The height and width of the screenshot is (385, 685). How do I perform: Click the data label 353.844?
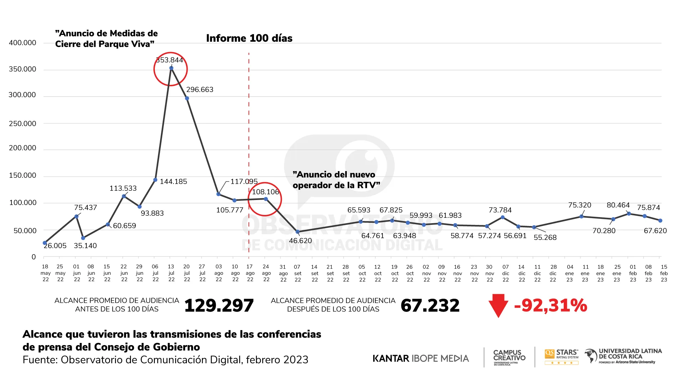(x=169, y=60)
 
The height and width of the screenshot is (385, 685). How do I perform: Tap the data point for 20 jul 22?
(x=187, y=98)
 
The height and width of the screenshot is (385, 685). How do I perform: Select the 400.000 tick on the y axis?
(x=22, y=43)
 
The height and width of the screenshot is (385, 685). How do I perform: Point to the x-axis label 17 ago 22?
(x=250, y=273)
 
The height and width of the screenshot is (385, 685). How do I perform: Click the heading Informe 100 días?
(x=249, y=38)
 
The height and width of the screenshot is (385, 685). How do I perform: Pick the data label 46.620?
(x=300, y=241)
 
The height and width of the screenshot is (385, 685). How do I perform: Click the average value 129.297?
(x=219, y=306)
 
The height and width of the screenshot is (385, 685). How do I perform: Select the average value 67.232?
(x=430, y=306)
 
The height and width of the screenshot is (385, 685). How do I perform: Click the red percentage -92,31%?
(x=550, y=306)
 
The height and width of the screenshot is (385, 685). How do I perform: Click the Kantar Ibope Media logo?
(x=421, y=358)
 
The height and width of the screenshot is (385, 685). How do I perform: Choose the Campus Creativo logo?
(x=509, y=357)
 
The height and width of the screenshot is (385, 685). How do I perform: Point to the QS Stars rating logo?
(x=561, y=356)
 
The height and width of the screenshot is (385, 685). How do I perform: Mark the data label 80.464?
(x=618, y=205)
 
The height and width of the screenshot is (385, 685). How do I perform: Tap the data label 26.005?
(x=55, y=246)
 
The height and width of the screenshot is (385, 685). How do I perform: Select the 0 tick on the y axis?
(x=34, y=257)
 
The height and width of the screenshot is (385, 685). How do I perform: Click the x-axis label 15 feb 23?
(x=664, y=273)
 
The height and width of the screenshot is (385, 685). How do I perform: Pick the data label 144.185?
(x=173, y=182)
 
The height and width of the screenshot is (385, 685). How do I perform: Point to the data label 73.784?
(x=500, y=210)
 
